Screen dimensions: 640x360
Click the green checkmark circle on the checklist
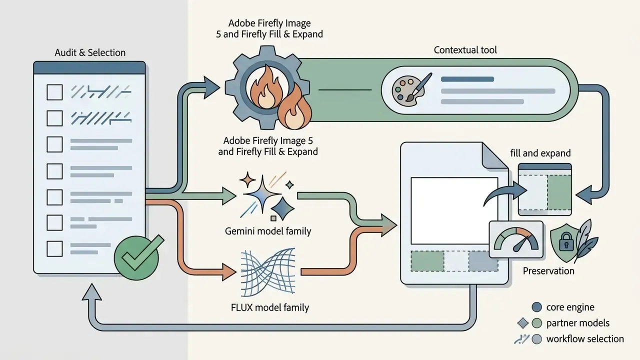(136, 257)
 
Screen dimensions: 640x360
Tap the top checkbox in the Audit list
(54, 92)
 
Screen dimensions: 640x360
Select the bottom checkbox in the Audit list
(54, 248)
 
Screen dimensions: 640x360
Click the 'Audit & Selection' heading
(90, 52)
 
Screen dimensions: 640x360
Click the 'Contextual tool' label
(465, 50)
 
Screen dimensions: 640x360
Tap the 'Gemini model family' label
(268, 231)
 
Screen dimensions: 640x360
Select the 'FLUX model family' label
(270, 307)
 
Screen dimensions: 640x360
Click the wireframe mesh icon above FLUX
(268, 272)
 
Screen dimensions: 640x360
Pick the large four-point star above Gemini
(262, 194)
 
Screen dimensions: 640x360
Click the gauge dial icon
(516, 239)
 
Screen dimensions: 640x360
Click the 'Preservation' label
(548, 271)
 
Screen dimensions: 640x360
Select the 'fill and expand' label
(540, 153)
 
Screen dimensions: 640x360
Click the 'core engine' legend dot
(537, 307)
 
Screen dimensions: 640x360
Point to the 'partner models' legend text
(578, 323)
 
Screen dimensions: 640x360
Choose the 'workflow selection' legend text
(585, 339)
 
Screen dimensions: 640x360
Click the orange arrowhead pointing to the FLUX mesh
(229, 271)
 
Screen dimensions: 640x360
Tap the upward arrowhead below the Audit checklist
(91, 292)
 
